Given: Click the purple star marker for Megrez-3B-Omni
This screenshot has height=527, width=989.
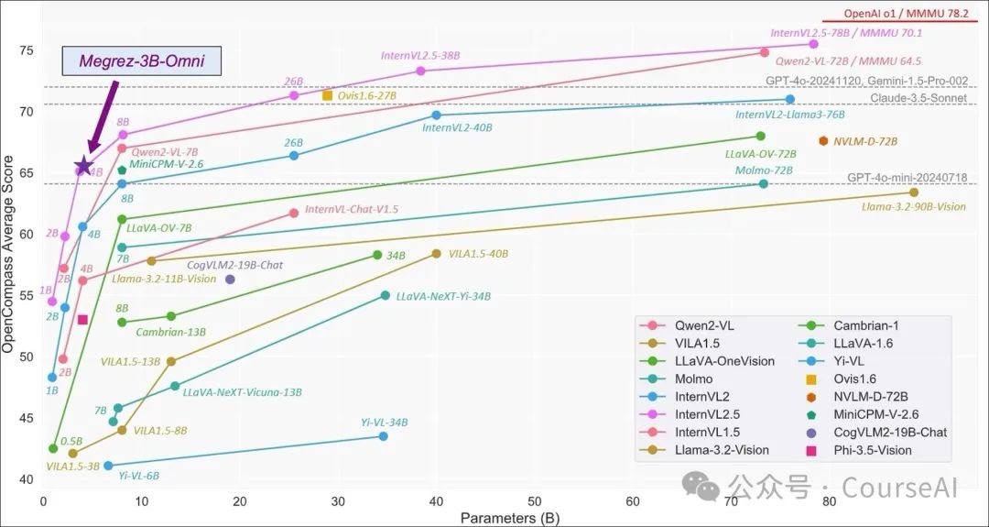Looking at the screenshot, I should coord(83,166).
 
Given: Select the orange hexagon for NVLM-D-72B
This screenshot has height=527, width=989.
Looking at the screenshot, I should coord(824,141).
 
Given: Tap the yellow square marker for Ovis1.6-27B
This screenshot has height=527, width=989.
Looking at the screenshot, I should coord(327,95).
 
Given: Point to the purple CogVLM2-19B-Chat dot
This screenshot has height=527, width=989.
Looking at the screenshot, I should coord(230,280).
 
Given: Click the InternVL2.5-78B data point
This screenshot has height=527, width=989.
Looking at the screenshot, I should coord(814,44).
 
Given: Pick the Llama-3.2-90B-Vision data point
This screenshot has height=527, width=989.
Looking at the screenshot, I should coord(914,192).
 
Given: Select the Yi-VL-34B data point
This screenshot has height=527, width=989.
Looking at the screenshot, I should coord(383,436).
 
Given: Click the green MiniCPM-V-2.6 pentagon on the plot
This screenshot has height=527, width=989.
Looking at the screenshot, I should coord(122,170).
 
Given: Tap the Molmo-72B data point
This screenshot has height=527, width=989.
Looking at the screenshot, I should coord(764,184).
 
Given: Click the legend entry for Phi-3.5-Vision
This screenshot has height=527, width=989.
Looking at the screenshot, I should coord(866,450).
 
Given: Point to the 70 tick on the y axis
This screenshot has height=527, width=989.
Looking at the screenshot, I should coord(27,112).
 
